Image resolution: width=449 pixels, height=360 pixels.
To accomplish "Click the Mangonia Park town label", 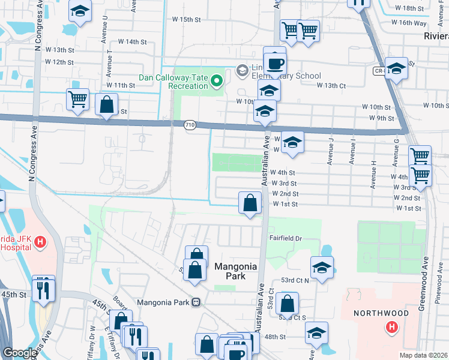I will (x=236, y=271).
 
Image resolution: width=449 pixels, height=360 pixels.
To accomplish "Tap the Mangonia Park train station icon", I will (x=196, y=302).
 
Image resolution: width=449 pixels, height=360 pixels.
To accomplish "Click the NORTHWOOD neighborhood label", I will (x=381, y=313).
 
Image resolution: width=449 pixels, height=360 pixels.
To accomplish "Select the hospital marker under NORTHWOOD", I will (x=391, y=327).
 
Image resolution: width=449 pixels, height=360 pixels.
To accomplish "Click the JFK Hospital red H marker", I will (x=40, y=242).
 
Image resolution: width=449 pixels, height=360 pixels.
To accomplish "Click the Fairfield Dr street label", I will (x=285, y=238).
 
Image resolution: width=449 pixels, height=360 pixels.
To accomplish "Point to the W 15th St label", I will (x=184, y=20).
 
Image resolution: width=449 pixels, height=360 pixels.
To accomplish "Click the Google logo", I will (x=20, y=353).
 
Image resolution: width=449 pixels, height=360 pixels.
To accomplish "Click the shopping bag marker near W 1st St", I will (x=250, y=203).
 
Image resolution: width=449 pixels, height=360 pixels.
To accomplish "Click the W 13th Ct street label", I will (x=331, y=86).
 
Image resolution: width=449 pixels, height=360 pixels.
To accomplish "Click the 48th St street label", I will (x=276, y=337).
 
